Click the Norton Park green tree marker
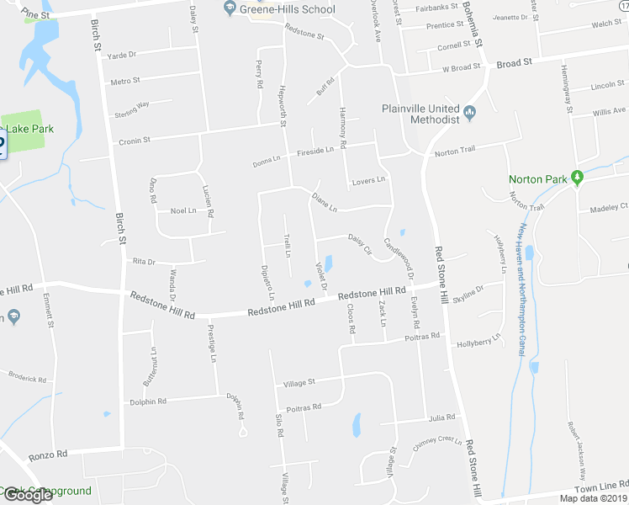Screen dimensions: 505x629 pos(577,178)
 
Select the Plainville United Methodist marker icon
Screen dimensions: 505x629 pos(469,112)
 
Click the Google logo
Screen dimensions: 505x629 pos(27,495)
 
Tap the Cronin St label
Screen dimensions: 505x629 pos(134,141)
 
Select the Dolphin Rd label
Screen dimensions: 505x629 pos(148,401)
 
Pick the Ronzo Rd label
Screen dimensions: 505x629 pos(48,454)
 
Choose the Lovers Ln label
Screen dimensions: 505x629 pos(368,180)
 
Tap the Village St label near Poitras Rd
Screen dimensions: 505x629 pos(299,382)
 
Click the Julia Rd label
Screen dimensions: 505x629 pos(441,417)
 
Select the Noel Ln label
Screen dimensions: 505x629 pos(182,210)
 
